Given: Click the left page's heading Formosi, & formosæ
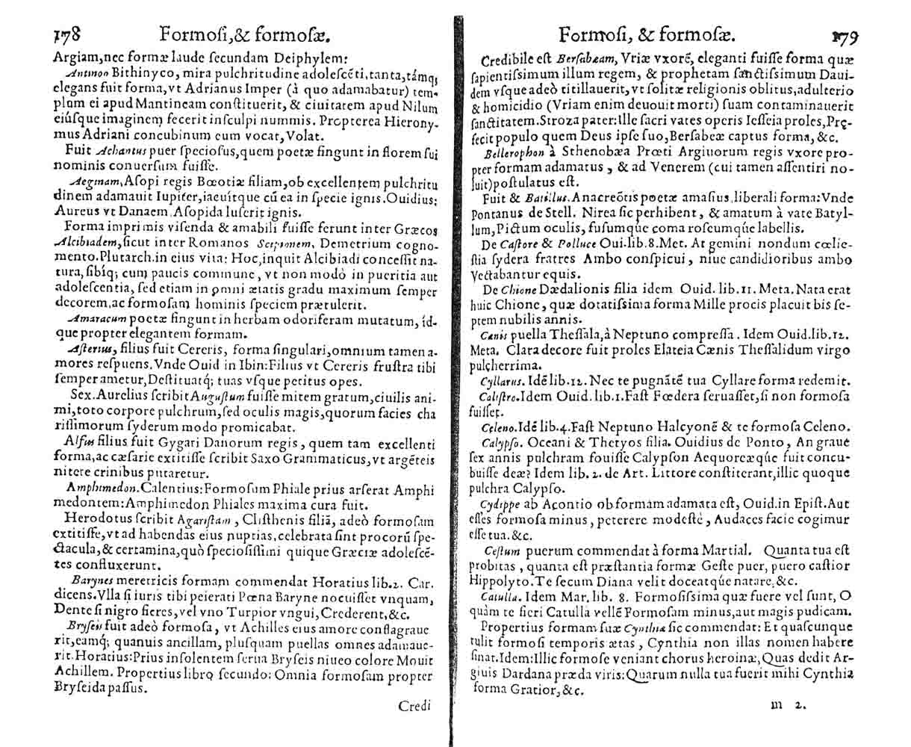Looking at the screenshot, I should (x=243, y=34).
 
